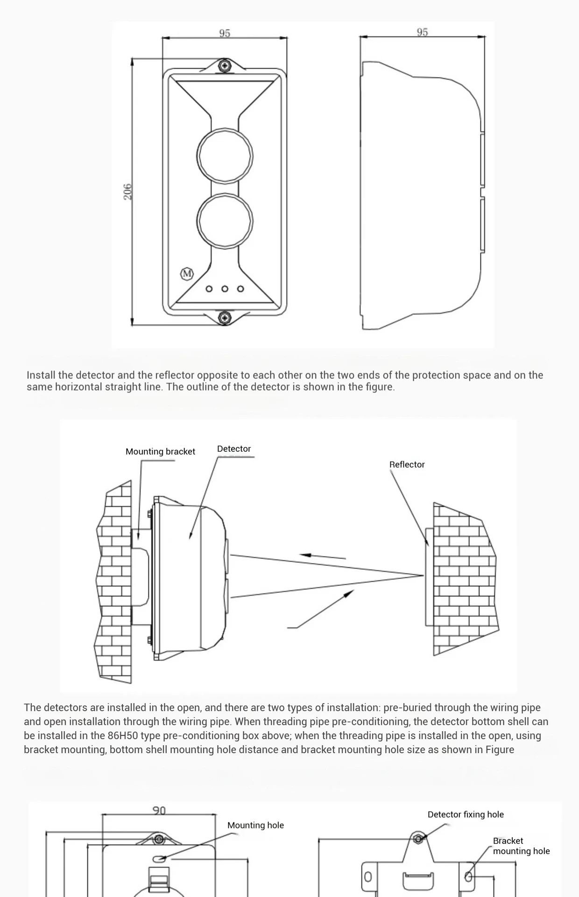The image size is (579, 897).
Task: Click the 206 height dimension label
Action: [x=127, y=192]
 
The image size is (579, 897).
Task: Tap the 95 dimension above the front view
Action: [x=225, y=33]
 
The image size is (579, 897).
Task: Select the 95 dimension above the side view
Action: [x=422, y=32]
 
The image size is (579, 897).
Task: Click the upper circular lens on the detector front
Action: [x=225, y=155]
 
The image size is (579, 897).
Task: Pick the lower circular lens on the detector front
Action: [x=225, y=221]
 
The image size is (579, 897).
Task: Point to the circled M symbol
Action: [x=187, y=274]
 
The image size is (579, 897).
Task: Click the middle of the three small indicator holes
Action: [x=225, y=289]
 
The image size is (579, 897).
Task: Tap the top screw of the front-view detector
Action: [x=225, y=64]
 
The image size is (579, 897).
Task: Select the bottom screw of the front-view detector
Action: [x=225, y=318]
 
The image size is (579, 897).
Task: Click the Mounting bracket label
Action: [x=160, y=451]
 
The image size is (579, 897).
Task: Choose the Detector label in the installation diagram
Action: [x=234, y=448]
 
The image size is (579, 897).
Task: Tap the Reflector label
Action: [x=407, y=464]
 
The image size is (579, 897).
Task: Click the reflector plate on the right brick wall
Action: [x=429, y=577]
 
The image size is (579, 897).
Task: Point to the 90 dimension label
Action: [x=159, y=811]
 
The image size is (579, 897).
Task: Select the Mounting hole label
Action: [x=255, y=825]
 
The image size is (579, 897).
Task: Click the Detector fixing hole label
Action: [x=466, y=814]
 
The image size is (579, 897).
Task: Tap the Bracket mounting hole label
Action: [x=521, y=846]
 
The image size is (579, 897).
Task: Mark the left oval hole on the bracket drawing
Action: [x=368, y=877]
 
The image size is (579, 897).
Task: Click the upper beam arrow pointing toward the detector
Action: [x=322, y=556]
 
